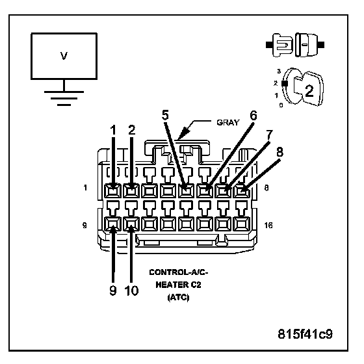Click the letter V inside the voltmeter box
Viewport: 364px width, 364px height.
point(64,56)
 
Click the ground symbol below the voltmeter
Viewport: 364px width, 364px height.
point(64,98)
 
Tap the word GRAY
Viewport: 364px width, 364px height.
point(227,123)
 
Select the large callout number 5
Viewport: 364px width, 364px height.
point(165,115)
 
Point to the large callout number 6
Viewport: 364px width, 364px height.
point(253,116)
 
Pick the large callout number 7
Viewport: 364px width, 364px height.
point(269,135)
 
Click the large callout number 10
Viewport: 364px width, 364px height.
point(131,291)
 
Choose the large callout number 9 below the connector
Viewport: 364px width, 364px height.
point(113,291)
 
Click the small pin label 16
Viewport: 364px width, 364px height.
point(268,225)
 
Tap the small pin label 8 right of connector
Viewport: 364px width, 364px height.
point(266,188)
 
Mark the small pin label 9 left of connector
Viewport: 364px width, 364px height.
point(84,225)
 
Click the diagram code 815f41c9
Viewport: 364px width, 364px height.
point(305,334)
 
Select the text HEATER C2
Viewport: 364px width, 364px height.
point(178,285)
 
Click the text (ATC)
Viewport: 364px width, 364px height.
point(178,298)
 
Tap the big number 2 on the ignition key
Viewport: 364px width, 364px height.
point(309,91)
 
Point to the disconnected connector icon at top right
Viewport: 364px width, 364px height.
point(295,45)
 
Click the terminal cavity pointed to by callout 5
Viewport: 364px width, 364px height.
point(186,191)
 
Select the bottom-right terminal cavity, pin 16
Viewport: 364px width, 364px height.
point(241,224)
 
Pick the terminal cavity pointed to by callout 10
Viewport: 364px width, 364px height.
point(131,224)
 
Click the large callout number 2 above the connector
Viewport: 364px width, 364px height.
point(131,130)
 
